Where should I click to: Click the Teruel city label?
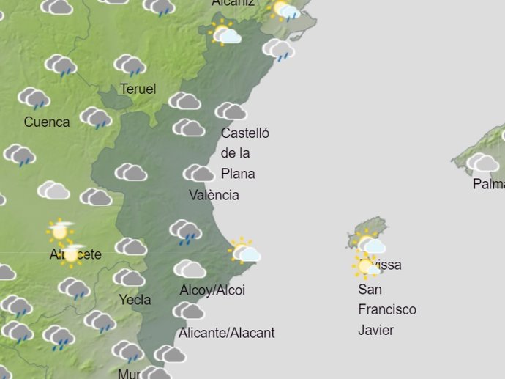[x=138, y=89]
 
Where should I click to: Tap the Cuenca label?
[x=47, y=122]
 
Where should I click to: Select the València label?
[x=214, y=196]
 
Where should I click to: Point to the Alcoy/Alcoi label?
[x=212, y=290]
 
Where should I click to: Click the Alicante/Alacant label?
[x=227, y=333]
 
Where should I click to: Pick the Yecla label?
[x=135, y=300]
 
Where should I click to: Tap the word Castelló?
[x=245, y=133]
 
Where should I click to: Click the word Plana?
[x=238, y=174]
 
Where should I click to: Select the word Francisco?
[x=387, y=309]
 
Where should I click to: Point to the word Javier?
[x=376, y=330]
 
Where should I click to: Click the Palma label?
[x=488, y=184]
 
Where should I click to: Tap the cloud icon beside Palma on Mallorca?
[x=482, y=163]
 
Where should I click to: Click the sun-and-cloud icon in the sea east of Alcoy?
[x=244, y=251]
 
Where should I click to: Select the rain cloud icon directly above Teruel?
[x=130, y=66]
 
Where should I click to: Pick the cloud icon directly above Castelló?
[x=231, y=111]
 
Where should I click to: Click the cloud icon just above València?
[x=198, y=174]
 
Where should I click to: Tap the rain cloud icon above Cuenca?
[x=34, y=98]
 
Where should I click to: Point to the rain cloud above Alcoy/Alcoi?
[x=186, y=232]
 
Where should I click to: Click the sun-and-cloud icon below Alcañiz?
[x=225, y=34]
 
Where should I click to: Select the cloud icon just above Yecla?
[x=130, y=278]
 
